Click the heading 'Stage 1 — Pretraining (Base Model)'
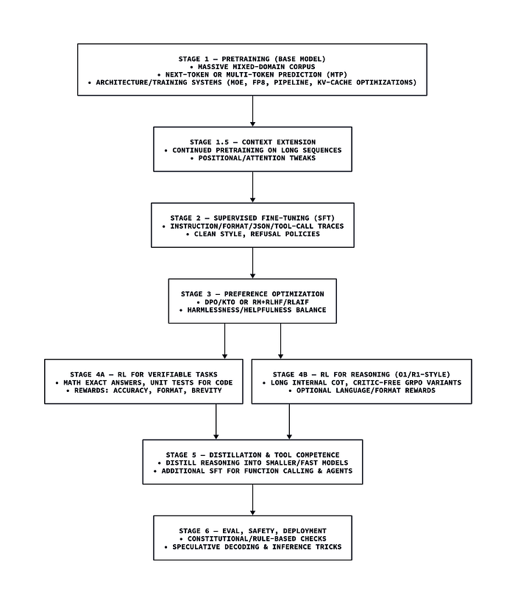pos(252,59)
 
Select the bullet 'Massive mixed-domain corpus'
pos(252,67)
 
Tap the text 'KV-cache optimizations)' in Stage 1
pos(367,82)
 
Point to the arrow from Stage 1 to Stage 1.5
pos(252,111)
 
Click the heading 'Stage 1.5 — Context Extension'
pos(252,142)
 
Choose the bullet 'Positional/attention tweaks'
pos(252,158)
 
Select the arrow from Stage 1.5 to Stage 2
pos(252,187)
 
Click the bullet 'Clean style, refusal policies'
pos(252,234)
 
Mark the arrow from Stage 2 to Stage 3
pos(252,263)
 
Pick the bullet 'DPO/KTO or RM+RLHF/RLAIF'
pos(252,302)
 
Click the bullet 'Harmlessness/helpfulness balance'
pos(252,310)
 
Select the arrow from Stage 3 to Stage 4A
pos(224,340)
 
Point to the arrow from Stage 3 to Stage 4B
pos(281,340)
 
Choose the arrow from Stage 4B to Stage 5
pos(289,421)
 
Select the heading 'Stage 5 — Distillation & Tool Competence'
pos(252,454)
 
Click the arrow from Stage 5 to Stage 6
pos(252,499)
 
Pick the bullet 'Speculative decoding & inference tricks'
pos(252,546)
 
